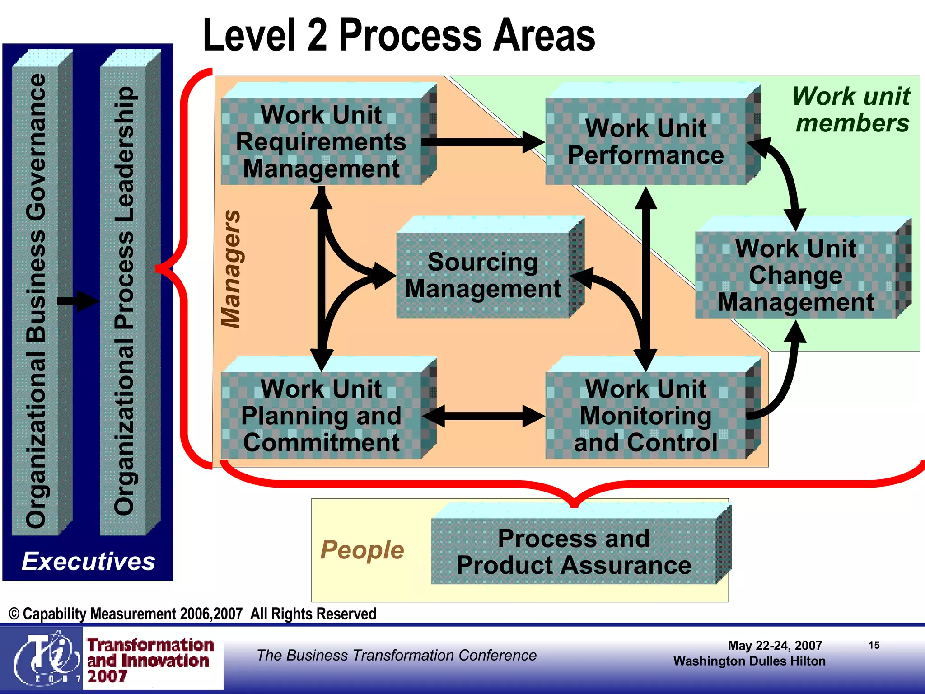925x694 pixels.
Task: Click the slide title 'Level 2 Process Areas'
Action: point(399,35)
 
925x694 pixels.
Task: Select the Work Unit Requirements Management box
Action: point(322,141)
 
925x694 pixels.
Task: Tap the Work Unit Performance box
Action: point(646,141)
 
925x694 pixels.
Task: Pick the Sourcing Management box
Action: point(483,275)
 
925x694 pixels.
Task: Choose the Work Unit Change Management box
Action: point(796,275)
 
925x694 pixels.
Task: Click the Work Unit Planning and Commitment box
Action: point(322,415)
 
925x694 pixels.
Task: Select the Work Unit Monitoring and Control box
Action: point(646,415)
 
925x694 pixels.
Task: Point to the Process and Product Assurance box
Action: point(574,552)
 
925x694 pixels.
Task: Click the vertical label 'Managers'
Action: point(231,269)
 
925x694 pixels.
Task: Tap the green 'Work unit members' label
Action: point(852,109)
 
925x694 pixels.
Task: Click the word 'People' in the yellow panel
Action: point(362,550)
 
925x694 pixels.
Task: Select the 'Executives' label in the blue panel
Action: point(89,561)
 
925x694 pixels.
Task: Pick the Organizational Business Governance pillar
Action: point(36,300)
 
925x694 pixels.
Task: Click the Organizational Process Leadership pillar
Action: point(124,300)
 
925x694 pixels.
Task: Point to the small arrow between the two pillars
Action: point(79,301)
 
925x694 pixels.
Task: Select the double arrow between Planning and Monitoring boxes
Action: point(483,416)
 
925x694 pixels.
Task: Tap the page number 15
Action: point(874,645)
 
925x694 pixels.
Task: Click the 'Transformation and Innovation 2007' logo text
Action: point(150,660)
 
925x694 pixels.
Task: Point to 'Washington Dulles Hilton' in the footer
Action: point(749,661)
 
